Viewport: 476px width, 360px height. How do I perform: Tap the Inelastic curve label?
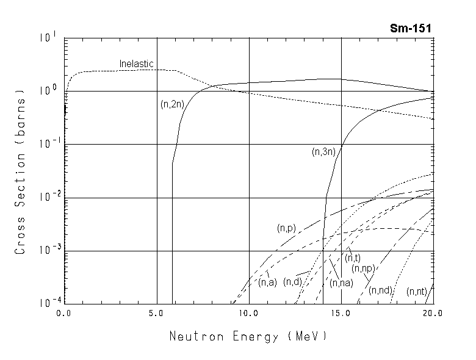[x=136, y=63]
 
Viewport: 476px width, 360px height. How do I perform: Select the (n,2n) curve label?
[x=172, y=104]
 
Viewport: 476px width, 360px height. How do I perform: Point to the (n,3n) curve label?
[x=323, y=153]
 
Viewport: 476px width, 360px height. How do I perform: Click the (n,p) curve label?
[x=286, y=228]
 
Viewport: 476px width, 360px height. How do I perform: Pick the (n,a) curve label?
[x=267, y=282]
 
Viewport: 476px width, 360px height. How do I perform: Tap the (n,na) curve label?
[x=341, y=283]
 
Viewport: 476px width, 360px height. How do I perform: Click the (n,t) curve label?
[x=352, y=257]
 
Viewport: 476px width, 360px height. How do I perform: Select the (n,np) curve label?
[x=363, y=268]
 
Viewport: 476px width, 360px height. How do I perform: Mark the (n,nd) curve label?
[x=380, y=290]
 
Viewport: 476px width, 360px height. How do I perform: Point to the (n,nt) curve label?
[x=417, y=292]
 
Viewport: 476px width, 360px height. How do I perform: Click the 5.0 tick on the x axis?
[x=156, y=314]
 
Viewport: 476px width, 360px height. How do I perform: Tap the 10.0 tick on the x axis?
[x=248, y=314]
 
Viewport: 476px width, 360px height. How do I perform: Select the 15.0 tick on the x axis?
[x=341, y=314]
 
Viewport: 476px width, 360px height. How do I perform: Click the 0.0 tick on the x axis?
[x=65, y=314]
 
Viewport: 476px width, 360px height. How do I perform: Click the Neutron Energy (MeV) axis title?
[x=248, y=336]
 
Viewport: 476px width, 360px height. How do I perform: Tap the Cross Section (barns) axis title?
[x=21, y=172]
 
